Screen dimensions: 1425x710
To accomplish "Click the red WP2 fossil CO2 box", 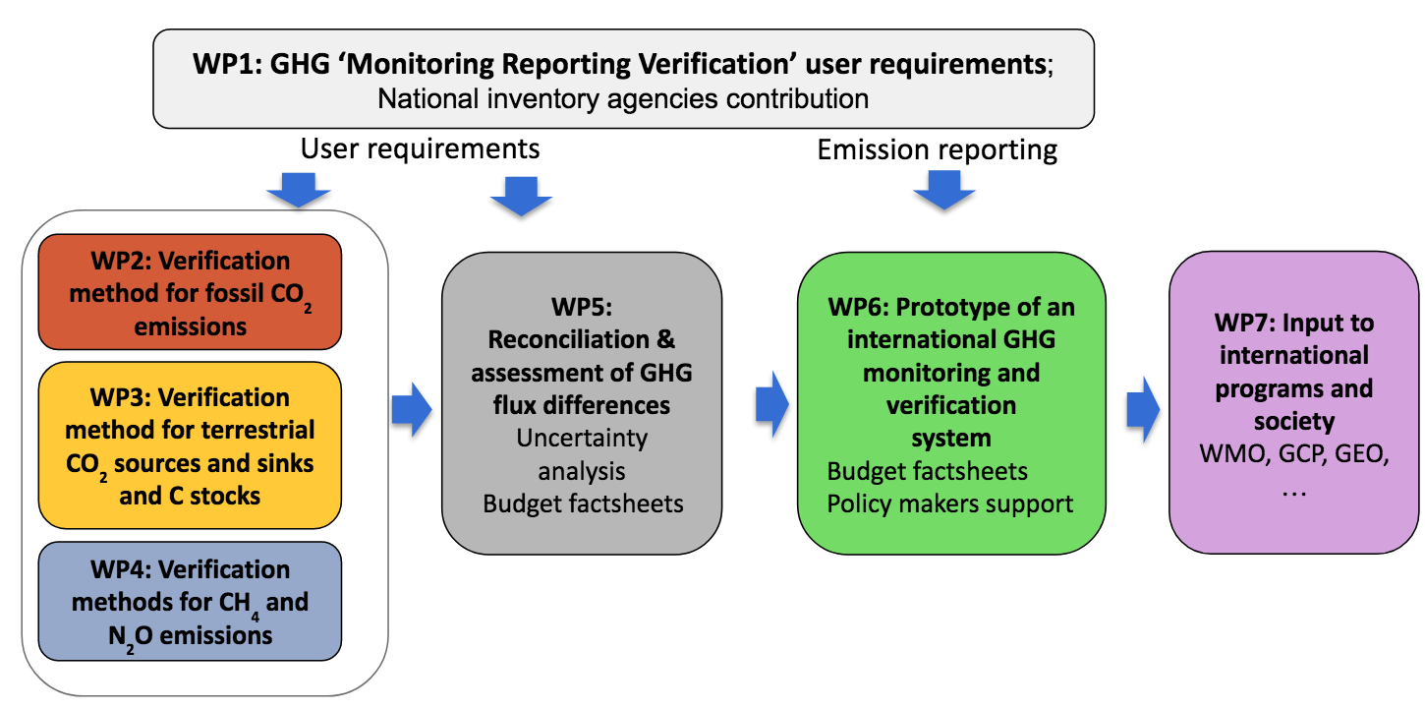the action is pyautogui.click(x=190, y=292).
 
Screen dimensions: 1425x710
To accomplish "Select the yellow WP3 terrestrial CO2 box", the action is pyautogui.click(x=190, y=445).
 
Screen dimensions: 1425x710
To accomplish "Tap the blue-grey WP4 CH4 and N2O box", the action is pyautogui.click(x=190, y=601).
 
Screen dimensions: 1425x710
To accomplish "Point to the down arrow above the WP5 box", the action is pyautogui.click(x=521, y=196).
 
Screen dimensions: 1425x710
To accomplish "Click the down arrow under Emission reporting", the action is pyautogui.click(x=944, y=190).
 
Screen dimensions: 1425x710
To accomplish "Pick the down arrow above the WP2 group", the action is pyautogui.click(x=299, y=190).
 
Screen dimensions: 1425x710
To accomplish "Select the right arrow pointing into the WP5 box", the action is pyautogui.click(x=412, y=409).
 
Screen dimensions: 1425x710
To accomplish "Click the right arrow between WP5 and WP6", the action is pyautogui.click(x=772, y=404).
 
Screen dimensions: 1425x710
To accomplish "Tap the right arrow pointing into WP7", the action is pyautogui.click(x=1143, y=409).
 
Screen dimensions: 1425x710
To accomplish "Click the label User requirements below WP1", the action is pyautogui.click(x=420, y=149).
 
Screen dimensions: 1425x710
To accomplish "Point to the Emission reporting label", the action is pyautogui.click(x=938, y=150).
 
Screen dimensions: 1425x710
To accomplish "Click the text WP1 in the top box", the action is pyautogui.click(x=227, y=64).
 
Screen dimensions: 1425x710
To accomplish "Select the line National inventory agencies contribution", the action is pyautogui.click(x=623, y=99).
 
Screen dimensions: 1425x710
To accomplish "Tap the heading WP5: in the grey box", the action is pyautogui.click(x=582, y=307).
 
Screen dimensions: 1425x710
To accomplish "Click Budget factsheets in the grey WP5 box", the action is pyautogui.click(x=583, y=503).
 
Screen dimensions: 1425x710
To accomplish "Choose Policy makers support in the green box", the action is pyautogui.click(x=949, y=503).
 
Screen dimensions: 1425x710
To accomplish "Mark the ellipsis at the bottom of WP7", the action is pyautogui.click(x=1294, y=494).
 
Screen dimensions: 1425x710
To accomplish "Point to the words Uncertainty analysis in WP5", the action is pyautogui.click(x=582, y=454).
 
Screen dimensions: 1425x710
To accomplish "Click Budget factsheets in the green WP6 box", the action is pyautogui.click(x=927, y=471).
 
